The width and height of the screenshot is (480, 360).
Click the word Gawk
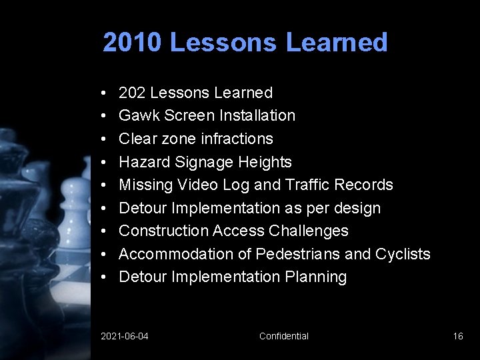click(137, 115)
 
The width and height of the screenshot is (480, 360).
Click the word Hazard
click(142, 162)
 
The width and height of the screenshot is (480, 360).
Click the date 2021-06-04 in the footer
click(125, 336)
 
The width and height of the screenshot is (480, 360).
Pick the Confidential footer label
click(284, 336)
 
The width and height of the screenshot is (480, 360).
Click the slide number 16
click(458, 336)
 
